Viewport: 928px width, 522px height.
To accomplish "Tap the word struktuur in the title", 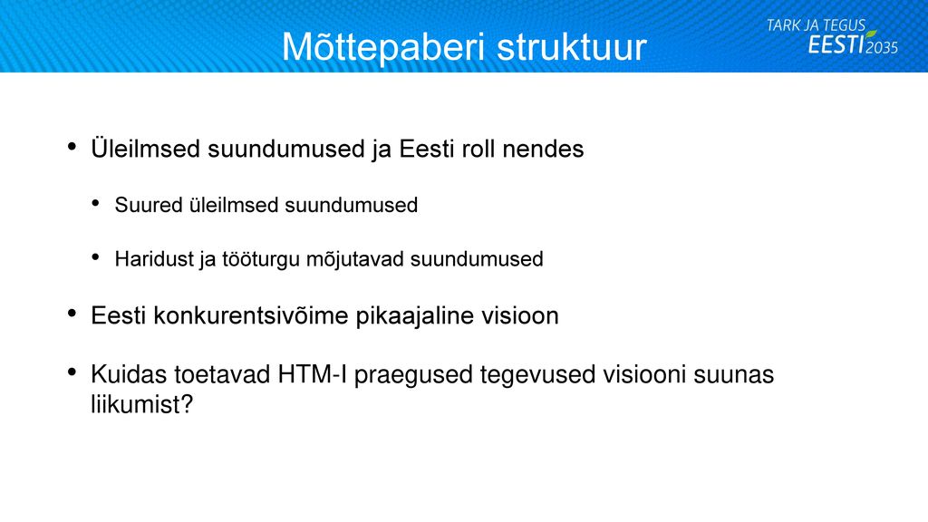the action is click(x=572, y=47).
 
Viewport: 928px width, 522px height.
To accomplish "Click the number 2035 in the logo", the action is click(x=882, y=47).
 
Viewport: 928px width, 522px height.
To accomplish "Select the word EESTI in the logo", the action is click(x=836, y=44).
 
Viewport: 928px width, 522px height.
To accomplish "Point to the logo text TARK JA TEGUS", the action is click(x=816, y=25).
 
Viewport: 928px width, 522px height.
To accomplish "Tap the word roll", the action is click(x=478, y=149).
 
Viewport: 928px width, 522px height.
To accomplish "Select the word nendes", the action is click(x=543, y=149).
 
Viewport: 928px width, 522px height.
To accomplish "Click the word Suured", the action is click(x=149, y=205).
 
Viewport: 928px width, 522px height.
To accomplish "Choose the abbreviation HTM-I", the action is click(x=312, y=374).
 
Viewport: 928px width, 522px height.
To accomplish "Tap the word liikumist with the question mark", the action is click(x=142, y=404).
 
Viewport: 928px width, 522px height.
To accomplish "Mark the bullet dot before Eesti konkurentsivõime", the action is click(x=72, y=313).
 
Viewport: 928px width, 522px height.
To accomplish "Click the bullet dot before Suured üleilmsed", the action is click(x=95, y=203).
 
